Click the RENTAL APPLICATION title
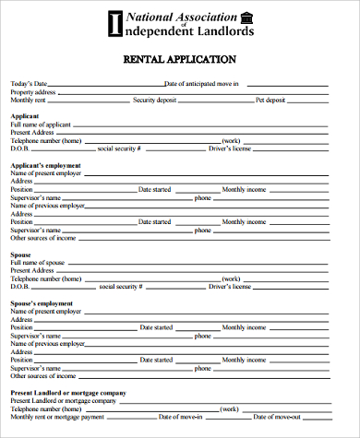click(x=180, y=59)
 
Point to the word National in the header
click(x=150, y=17)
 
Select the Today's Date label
click(x=29, y=84)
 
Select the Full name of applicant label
click(x=41, y=124)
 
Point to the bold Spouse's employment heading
click(x=42, y=302)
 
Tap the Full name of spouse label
click(x=37, y=262)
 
